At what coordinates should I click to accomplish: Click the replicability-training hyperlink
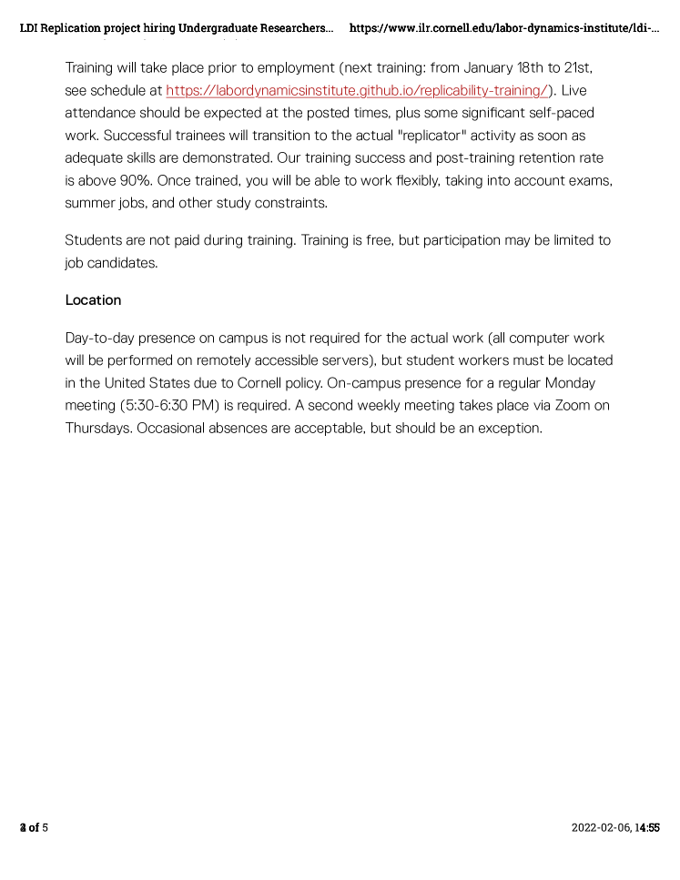click(357, 91)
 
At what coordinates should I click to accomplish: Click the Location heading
click(93, 300)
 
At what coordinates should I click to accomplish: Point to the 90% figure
click(136, 181)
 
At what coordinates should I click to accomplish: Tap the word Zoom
click(573, 406)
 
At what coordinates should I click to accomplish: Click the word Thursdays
click(98, 429)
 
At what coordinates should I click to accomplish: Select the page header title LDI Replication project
click(177, 28)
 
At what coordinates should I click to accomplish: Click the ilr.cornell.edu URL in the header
click(503, 28)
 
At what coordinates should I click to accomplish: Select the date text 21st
click(579, 68)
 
